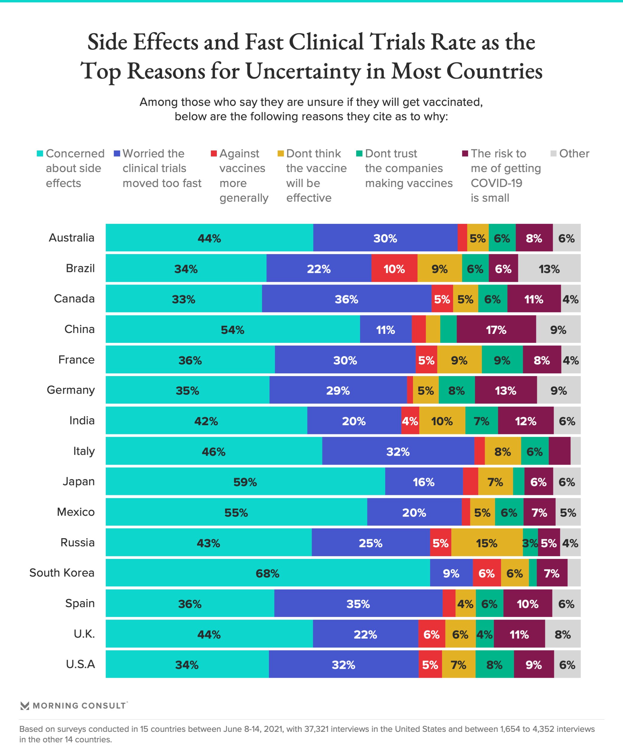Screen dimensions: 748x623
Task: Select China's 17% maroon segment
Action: click(x=496, y=329)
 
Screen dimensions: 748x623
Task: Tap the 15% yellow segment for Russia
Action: click(x=487, y=543)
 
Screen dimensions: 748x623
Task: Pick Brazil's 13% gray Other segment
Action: click(x=549, y=269)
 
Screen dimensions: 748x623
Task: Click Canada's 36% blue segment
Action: click(x=346, y=299)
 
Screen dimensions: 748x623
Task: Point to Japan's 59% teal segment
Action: click(x=245, y=482)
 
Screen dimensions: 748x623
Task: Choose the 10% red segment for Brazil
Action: click(x=394, y=269)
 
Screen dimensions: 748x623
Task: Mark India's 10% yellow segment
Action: click(x=442, y=421)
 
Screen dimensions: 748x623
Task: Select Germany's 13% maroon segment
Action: click(x=505, y=390)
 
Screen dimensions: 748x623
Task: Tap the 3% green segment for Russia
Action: click(x=530, y=543)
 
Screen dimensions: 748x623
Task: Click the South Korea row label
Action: click(x=62, y=573)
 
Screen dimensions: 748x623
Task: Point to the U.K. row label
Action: click(x=84, y=634)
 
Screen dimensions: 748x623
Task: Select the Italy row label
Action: click(x=84, y=451)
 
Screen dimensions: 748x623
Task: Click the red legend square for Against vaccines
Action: click(x=214, y=153)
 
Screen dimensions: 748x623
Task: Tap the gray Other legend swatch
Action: click(x=553, y=153)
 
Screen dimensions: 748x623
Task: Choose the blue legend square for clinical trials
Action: click(x=116, y=153)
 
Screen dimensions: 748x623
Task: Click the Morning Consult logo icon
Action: click(x=25, y=706)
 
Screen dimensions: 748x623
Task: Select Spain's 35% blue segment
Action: click(x=358, y=604)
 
